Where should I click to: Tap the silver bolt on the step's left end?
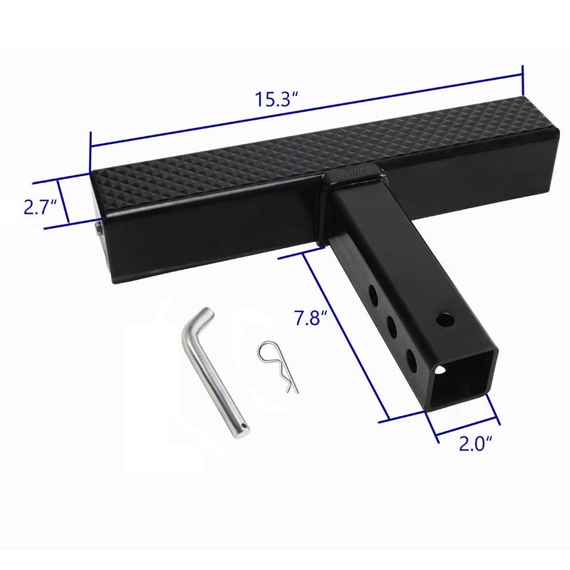(x=97, y=229)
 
